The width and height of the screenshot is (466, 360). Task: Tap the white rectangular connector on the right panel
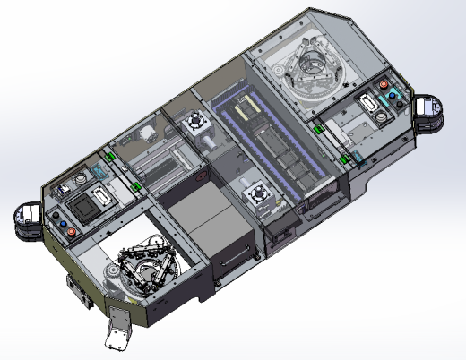(x=368, y=102)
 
